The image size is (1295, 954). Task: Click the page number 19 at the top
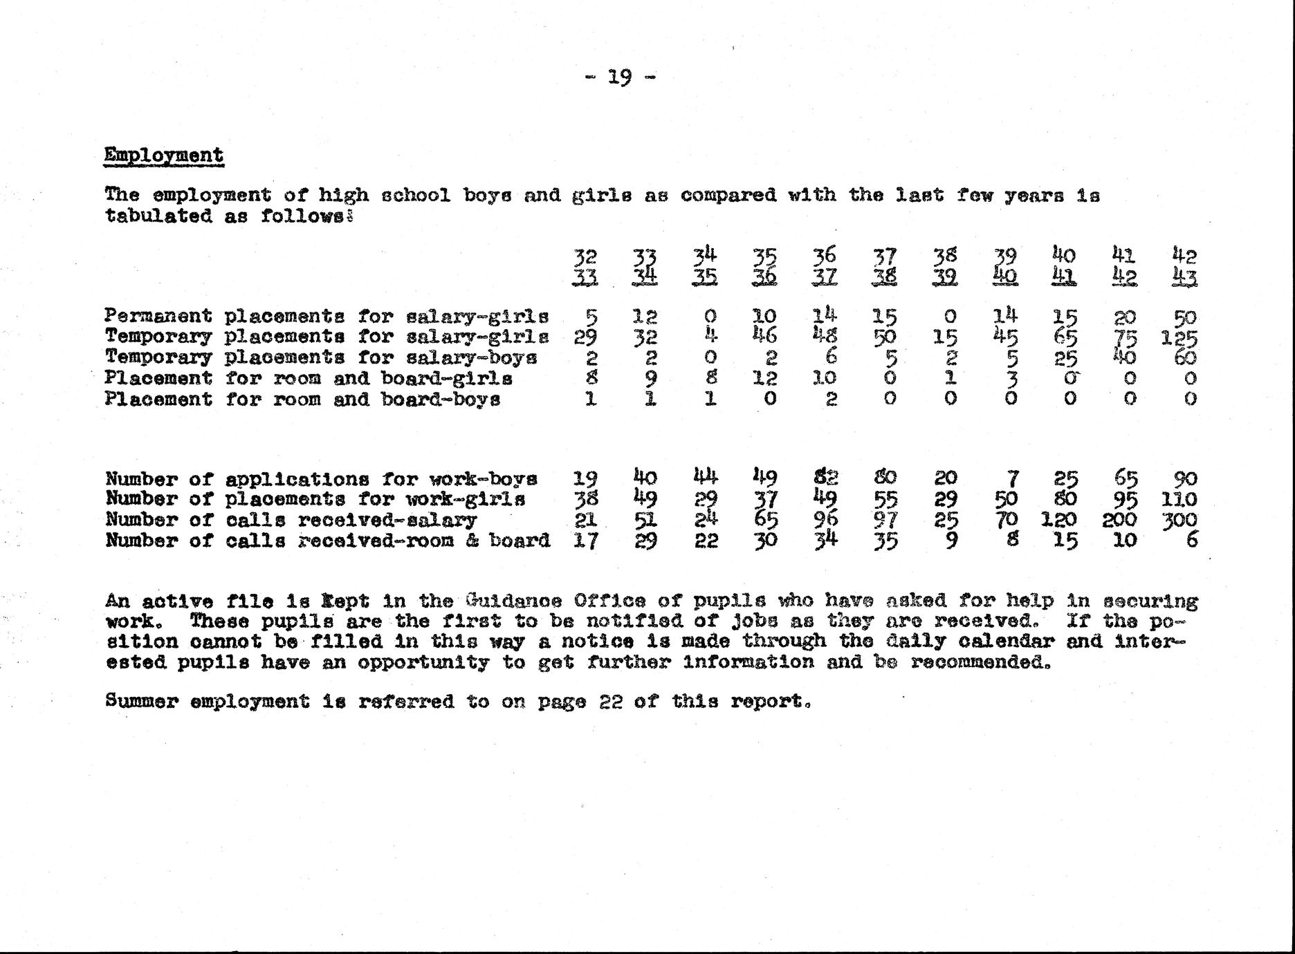619,77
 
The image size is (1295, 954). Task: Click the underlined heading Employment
163,155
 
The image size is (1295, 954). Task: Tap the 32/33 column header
585,268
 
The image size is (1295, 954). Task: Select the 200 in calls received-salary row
1121,520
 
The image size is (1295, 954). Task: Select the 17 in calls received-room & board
585,540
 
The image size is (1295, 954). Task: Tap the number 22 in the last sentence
612,701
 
